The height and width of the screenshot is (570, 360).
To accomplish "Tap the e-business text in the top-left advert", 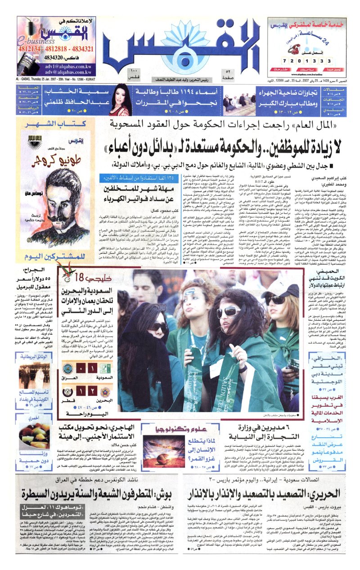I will [x=34, y=42].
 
